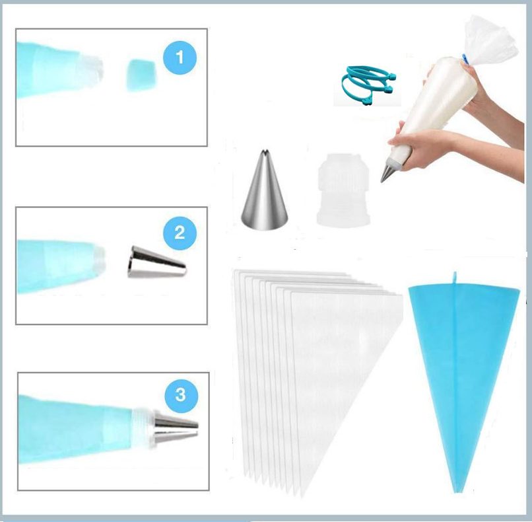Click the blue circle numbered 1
point(180,57)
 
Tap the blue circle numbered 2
point(180,233)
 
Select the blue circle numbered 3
point(181,395)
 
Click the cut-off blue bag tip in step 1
point(141,75)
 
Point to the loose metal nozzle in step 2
point(157,262)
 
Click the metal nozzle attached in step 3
point(176,429)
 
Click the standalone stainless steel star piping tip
point(265,190)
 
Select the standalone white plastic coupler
point(343,190)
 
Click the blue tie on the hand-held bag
point(466,58)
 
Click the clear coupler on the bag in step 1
point(90,70)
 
